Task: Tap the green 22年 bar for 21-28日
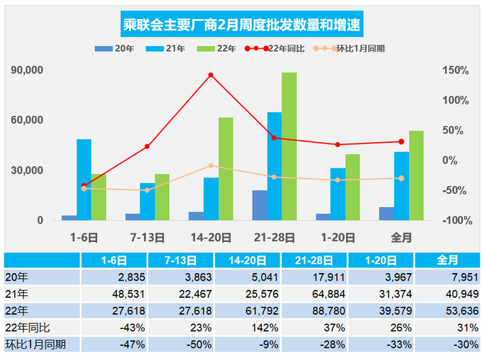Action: tap(289, 146)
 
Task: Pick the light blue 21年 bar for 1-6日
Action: tap(84, 180)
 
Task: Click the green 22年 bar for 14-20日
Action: tap(226, 168)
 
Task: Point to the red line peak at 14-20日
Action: tap(210, 75)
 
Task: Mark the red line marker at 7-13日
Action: tap(147, 146)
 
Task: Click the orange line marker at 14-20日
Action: tap(210, 166)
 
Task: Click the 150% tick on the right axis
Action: tap(455, 70)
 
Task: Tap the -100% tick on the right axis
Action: tap(454, 221)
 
